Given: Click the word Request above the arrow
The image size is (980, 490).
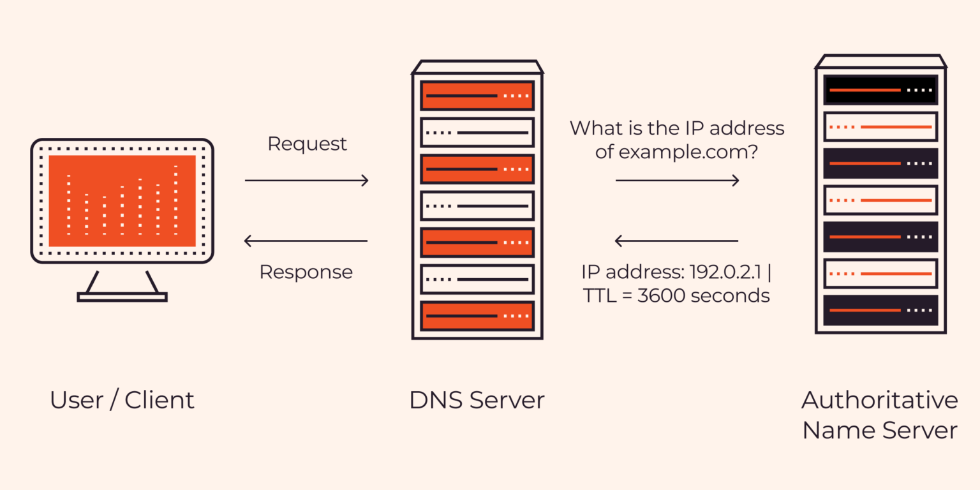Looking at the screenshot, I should coord(307,144).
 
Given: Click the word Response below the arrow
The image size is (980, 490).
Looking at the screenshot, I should coord(306,272).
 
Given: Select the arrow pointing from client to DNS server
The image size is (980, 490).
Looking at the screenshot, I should coord(306,181).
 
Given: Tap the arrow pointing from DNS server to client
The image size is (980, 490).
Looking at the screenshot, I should coord(306,241).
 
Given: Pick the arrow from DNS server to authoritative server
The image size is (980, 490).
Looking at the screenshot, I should coord(677,181).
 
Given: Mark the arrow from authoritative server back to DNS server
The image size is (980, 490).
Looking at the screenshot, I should coord(676,241).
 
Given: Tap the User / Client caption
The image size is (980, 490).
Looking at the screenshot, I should coord(122,401).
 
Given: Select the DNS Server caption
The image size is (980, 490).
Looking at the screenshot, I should coord(477,401).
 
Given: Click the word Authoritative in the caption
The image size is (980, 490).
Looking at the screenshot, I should coord(879,401).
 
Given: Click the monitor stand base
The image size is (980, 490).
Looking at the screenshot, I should coord(122,297).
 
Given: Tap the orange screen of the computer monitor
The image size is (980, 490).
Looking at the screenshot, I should coord(122,200).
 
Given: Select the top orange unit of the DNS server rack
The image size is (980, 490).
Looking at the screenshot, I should coord(477,96).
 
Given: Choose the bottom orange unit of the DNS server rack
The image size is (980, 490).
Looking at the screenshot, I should coord(477,316).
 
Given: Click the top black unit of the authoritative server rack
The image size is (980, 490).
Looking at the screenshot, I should coord(880,90).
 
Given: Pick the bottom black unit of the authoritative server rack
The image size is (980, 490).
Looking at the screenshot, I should coord(880,310).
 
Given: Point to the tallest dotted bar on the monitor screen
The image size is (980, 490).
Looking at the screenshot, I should coord(175,200).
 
